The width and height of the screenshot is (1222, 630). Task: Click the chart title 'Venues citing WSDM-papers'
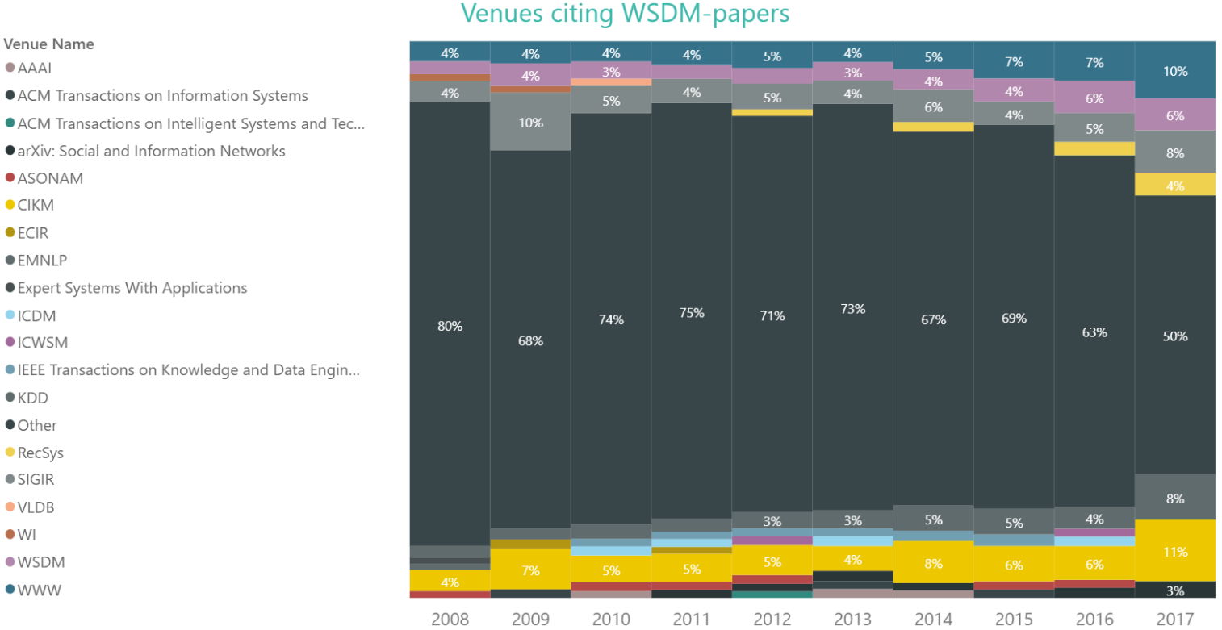(625, 14)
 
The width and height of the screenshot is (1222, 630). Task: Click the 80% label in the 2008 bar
(450, 326)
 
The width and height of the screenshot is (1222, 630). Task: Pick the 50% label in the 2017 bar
(1175, 336)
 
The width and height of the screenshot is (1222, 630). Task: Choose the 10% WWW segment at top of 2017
(1175, 71)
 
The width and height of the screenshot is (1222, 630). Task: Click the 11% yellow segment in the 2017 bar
(1175, 552)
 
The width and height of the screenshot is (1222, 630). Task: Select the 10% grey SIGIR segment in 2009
(530, 123)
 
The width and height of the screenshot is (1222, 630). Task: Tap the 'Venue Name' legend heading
(48, 44)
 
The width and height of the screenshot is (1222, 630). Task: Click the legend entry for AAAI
(35, 69)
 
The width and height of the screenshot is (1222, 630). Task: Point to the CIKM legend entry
(36, 206)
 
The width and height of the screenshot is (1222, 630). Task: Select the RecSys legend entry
(40, 453)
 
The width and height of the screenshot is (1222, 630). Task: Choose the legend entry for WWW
(39, 590)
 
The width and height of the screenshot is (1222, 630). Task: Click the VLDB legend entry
(36, 507)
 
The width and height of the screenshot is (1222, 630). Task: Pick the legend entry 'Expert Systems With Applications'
(132, 288)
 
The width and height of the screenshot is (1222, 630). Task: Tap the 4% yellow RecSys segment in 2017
(1175, 186)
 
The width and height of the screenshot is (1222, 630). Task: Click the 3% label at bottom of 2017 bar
(1175, 590)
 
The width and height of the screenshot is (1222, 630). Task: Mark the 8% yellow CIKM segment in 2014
(933, 562)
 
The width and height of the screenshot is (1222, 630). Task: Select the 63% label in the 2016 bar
(1094, 332)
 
